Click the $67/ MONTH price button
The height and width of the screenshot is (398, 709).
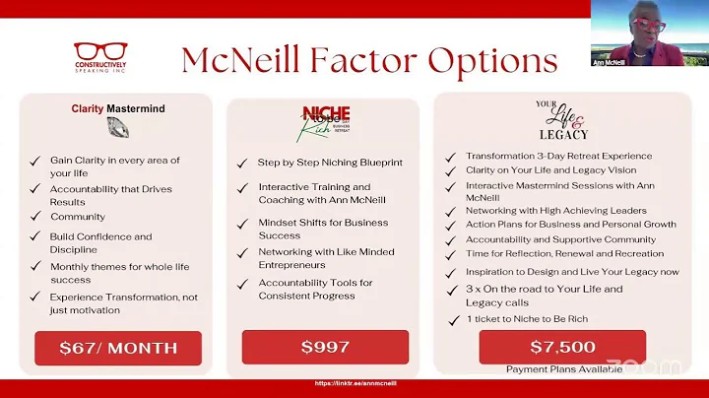118,348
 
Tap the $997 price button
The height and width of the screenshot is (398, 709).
325,347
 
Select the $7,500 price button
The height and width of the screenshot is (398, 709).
562,347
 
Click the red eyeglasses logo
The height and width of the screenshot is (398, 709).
100,52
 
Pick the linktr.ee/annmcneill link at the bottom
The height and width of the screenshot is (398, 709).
354,383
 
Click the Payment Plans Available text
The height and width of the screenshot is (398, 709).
564,369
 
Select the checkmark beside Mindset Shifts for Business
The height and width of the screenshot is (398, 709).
242,223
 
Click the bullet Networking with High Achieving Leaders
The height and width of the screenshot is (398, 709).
556,210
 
